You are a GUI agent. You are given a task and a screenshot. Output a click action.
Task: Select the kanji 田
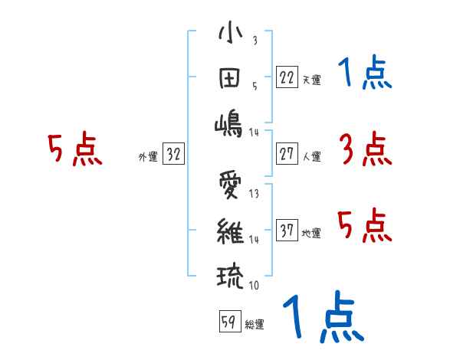pyautogui.click(x=230, y=79)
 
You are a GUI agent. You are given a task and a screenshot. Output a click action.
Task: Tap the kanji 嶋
pyautogui.click(x=230, y=123)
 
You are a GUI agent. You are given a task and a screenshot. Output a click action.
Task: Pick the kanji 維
pyautogui.click(x=230, y=229)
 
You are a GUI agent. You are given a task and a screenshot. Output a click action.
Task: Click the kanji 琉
pyautogui.click(x=230, y=274)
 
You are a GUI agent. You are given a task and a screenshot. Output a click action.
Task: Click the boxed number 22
pyautogui.click(x=287, y=77)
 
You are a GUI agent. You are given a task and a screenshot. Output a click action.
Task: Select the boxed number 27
pyautogui.click(x=287, y=154)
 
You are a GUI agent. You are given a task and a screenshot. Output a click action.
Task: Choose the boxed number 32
pyautogui.click(x=173, y=154)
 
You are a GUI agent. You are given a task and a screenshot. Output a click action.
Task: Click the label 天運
pyautogui.click(x=311, y=80)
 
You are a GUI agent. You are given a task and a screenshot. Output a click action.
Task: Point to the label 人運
pyautogui.click(x=311, y=156)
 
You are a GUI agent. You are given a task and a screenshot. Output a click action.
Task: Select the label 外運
pyautogui.click(x=147, y=156)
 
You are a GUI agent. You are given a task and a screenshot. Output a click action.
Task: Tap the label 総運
pyautogui.click(x=255, y=325)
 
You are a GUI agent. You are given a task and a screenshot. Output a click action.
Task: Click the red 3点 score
pyautogui.click(x=365, y=149)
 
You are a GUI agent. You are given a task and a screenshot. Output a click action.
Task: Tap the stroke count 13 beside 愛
pyautogui.click(x=253, y=194)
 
